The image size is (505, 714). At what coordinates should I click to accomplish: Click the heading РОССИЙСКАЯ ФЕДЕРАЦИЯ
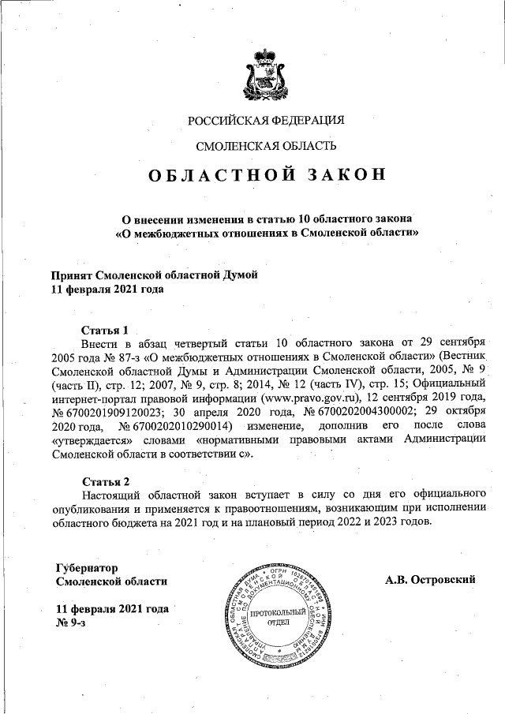pos(267,121)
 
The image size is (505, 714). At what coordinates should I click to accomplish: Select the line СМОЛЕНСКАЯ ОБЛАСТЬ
pos(267,146)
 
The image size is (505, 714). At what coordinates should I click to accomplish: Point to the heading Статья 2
pos(105,481)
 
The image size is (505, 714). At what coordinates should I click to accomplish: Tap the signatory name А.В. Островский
pos(430,580)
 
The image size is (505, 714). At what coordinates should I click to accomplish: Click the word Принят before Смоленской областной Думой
pos(71,275)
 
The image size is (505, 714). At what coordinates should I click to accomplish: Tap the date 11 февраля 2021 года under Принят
pos(107,290)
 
